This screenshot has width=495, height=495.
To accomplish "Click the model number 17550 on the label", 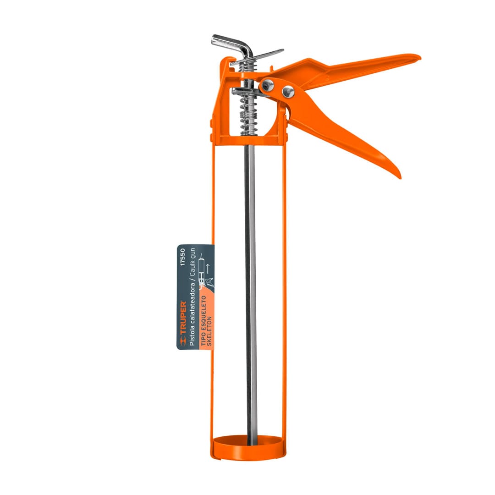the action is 182,257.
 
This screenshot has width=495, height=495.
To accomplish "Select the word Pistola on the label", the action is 192,336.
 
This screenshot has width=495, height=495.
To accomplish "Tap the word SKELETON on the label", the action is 209,331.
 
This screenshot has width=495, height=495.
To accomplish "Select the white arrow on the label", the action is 208,269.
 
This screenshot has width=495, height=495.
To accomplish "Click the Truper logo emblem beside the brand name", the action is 183,341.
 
